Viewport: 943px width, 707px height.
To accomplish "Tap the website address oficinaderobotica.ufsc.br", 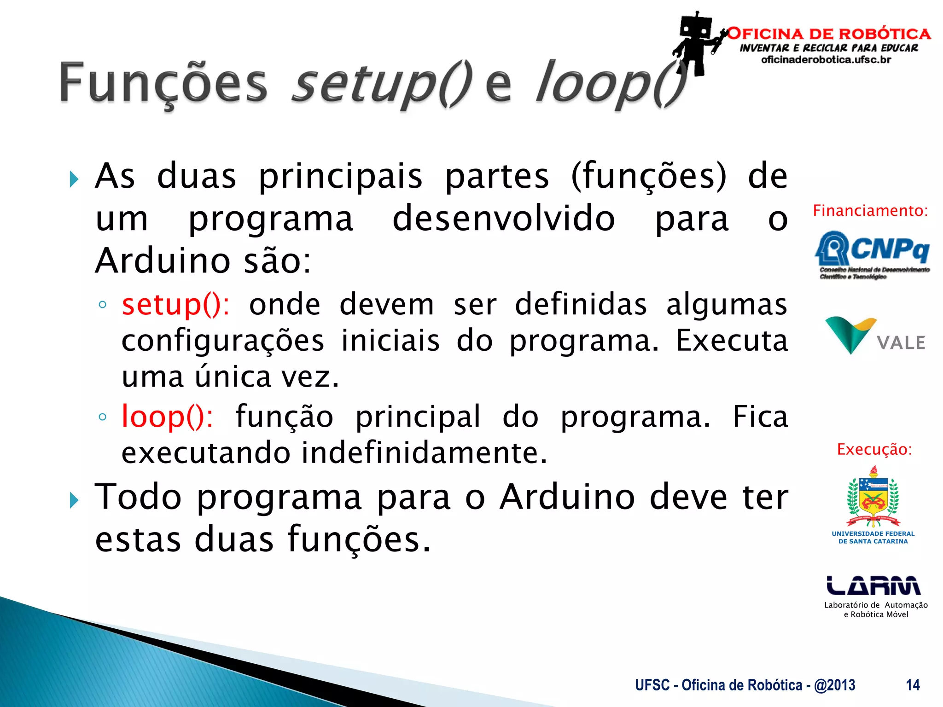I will pos(826,60).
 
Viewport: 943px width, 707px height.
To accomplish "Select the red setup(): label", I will pos(175,305).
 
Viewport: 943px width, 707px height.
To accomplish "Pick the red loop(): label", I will pos(167,417).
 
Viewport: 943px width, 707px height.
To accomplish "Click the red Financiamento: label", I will pos(870,211).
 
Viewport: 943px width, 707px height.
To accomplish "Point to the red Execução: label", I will pos(874,449).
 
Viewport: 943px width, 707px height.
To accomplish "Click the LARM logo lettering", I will pos(873,586).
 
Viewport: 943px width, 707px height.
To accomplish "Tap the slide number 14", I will pos(912,685).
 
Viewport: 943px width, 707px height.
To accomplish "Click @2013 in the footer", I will pos(834,685).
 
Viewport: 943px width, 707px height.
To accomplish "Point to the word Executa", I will pos(731,341).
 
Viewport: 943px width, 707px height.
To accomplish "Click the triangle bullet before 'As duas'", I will pos(74,179).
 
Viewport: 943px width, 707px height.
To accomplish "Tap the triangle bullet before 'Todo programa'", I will pos(74,500).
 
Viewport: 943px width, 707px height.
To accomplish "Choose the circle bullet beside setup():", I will pos(103,305).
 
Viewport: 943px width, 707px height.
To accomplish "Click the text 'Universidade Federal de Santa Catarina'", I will pos(873,538).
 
